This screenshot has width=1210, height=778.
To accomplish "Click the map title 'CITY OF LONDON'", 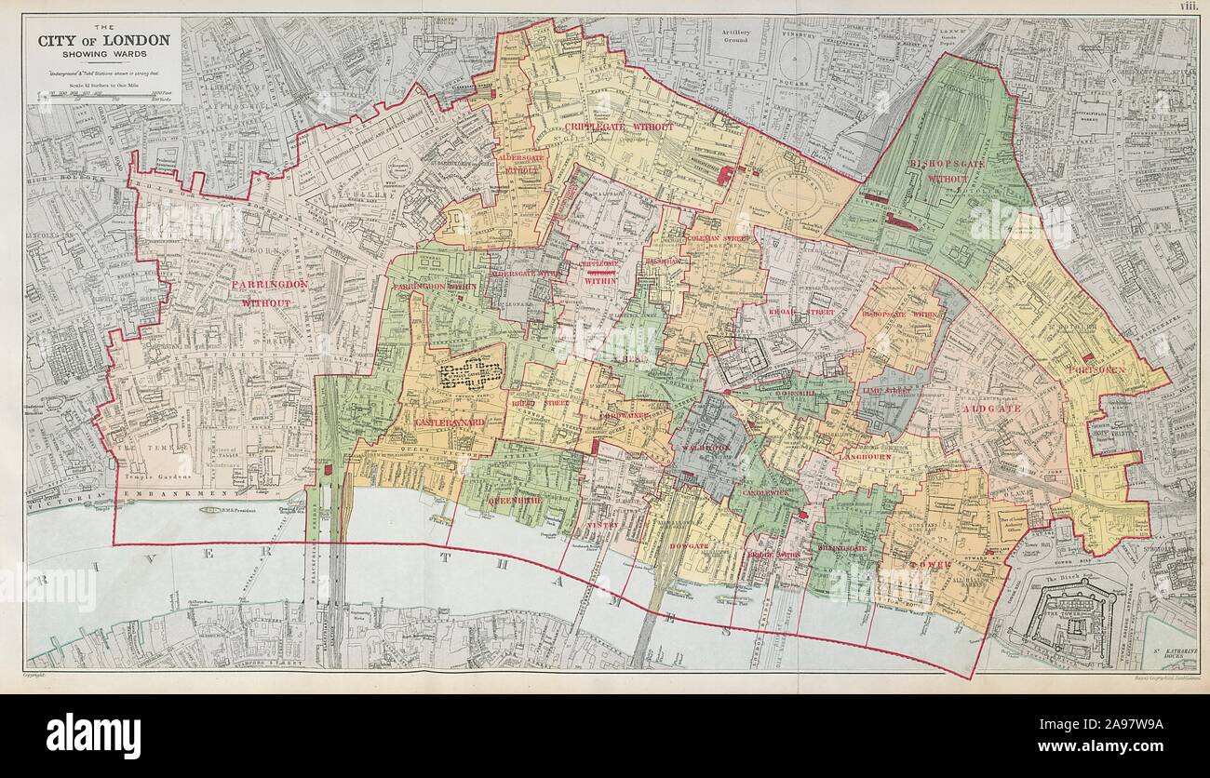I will tap(103, 40).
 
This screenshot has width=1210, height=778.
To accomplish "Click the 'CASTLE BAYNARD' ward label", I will tap(449, 422).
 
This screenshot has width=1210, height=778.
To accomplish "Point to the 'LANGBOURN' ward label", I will tap(866, 457).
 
